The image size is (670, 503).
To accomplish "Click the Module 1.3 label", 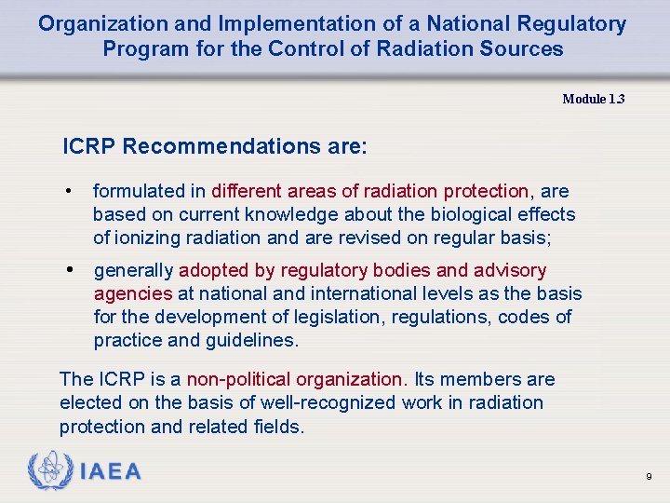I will [593, 99].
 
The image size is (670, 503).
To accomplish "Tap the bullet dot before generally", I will [69, 270].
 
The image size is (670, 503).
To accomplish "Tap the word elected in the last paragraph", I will [90, 402].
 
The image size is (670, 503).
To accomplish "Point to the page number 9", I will [649, 477].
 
